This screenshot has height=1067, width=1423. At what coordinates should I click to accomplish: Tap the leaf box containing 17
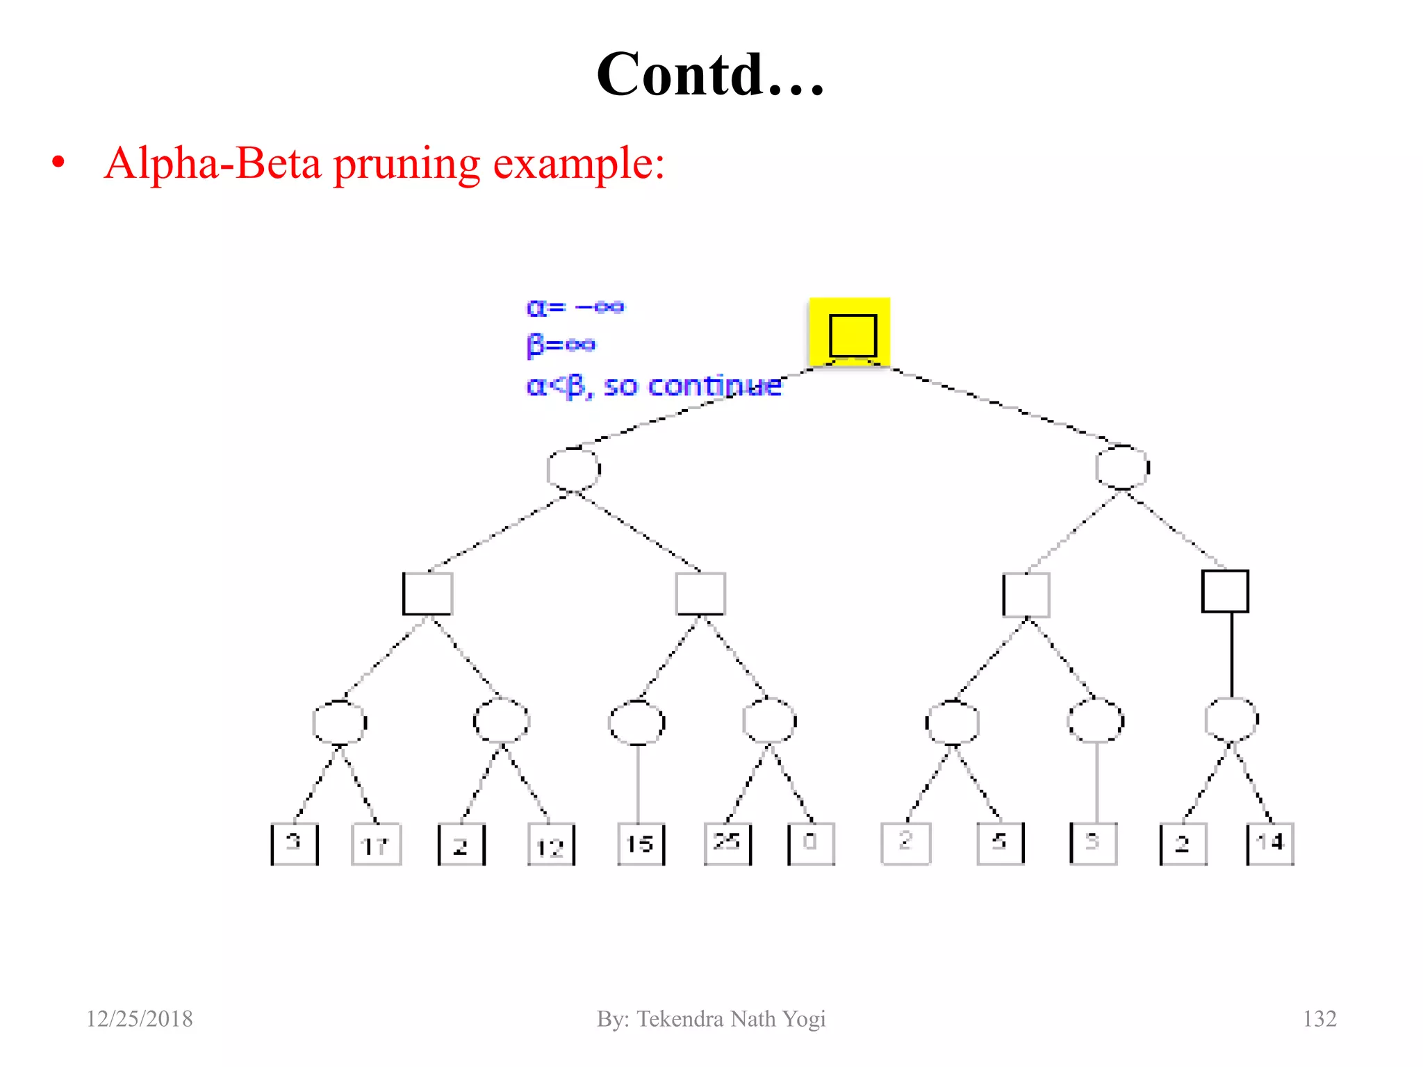376,845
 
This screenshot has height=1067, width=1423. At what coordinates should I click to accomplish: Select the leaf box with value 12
551,845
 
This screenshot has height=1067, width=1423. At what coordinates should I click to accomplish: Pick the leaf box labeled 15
641,844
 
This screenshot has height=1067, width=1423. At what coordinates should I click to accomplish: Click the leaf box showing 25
727,843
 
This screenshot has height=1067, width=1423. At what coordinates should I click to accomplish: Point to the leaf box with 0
811,843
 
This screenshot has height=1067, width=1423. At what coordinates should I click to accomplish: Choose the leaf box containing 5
1000,843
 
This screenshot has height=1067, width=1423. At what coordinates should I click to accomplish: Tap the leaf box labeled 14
1270,843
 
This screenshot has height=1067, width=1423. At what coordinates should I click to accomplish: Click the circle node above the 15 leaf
636,722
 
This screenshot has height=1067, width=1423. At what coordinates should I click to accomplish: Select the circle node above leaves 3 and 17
340,722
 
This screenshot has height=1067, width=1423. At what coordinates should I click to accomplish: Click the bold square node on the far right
1225,592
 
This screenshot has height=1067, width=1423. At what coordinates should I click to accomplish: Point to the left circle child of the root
574,469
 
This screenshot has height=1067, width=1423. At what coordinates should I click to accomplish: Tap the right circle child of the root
1122,468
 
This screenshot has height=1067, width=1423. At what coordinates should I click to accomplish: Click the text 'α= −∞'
575,307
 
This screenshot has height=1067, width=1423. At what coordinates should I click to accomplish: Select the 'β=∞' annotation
561,345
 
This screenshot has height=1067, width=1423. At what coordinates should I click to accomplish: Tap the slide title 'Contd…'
711,74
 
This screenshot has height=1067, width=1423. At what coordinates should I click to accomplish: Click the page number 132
1319,1018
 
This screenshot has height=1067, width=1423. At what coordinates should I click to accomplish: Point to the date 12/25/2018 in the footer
140,1018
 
